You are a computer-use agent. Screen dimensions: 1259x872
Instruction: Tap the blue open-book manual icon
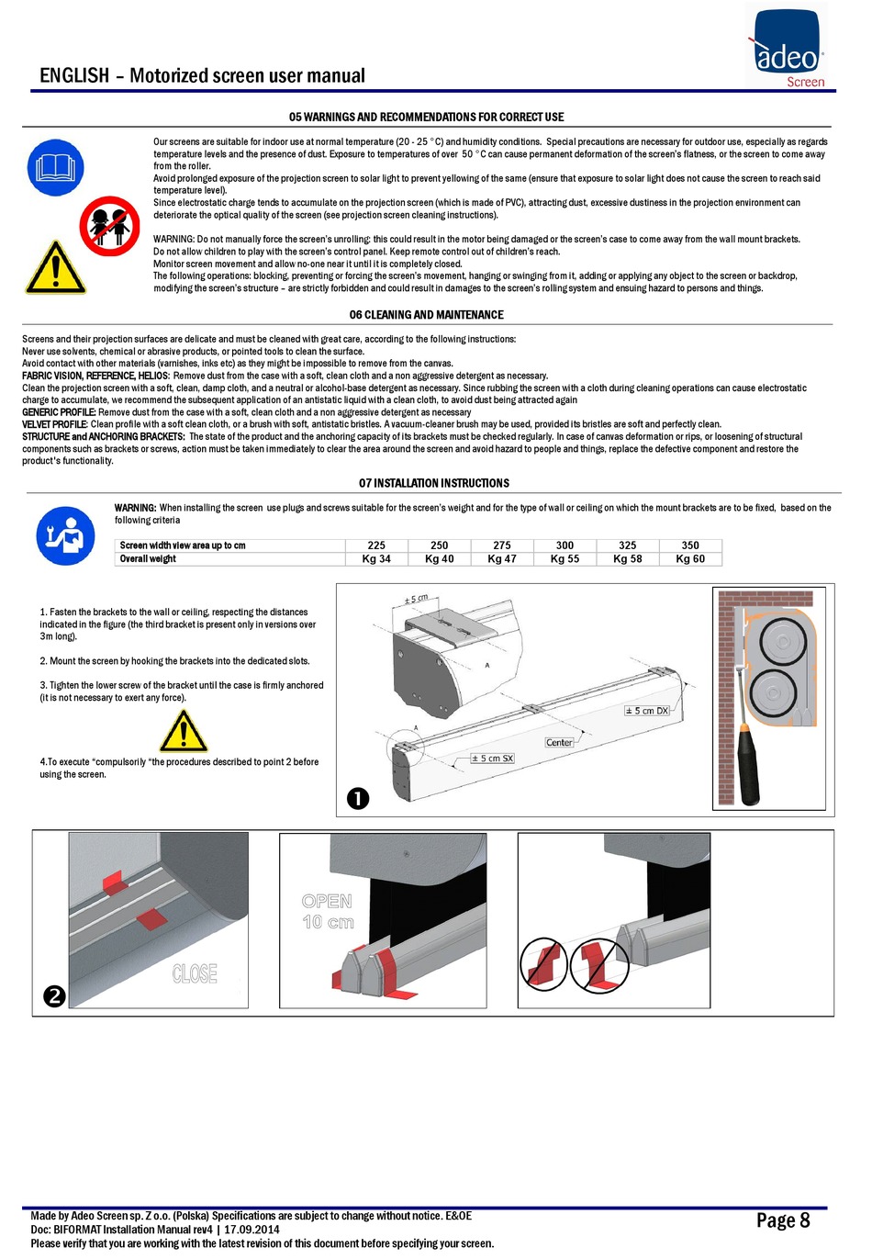coord(55,168)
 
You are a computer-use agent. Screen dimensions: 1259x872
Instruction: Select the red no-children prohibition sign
coord(109,226)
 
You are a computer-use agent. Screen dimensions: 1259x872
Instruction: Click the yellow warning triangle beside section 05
coord(55,268)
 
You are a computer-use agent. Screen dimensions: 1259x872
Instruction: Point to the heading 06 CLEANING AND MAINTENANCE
coord(426,315)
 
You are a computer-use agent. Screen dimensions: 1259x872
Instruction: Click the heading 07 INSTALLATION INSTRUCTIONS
coord(433,483)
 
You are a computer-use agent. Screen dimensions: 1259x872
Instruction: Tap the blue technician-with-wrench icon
coord(65,535)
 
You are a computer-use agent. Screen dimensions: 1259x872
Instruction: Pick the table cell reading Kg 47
coord(502,558)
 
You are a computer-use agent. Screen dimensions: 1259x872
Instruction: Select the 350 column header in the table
coord(690,545)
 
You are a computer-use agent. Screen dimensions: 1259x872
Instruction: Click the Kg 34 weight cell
coord(376,558)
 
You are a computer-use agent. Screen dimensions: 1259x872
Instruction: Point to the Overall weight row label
coord(148,558)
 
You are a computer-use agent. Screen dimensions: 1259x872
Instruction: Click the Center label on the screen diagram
coord(559,742)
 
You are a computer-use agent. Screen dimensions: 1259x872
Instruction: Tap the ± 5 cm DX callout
coord(647,711)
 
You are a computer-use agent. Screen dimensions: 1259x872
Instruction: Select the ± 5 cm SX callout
coord(492,759)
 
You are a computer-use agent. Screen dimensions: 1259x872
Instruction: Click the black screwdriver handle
coord(749,764)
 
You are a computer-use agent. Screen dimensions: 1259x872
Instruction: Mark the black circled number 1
coord(358,798)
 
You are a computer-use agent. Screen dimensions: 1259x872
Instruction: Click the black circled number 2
coord(54,995)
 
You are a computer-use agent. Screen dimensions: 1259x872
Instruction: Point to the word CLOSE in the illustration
coord(195,972)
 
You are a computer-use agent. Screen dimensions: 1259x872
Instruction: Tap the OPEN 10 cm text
coord(328,911)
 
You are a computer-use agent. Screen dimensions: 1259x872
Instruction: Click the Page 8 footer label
coord(783,1220)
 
